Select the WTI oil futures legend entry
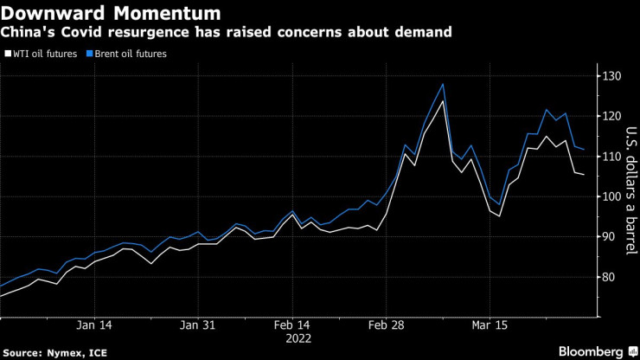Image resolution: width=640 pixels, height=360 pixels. [43, 54]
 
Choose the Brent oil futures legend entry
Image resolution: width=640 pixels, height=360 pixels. [131, 54]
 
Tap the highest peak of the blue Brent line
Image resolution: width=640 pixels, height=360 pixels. [443, 84]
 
